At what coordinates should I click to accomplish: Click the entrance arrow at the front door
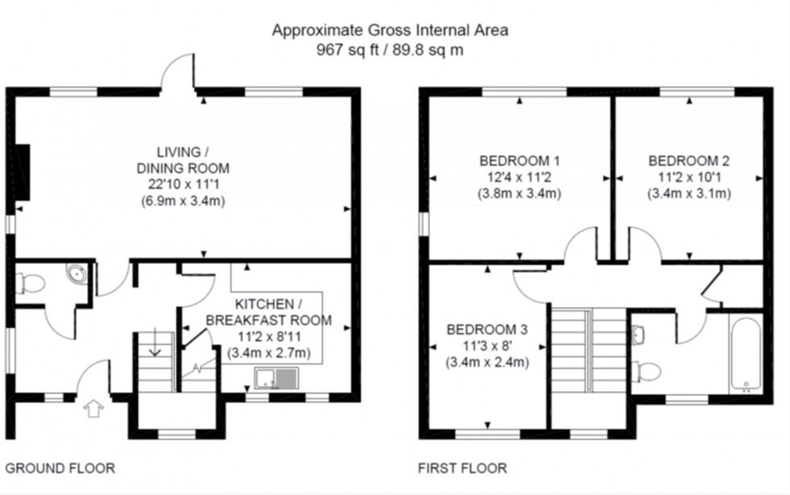click(94, 409)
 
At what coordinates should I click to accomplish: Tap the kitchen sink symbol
click(276, 378)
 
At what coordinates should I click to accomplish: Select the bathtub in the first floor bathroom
click(746, 354)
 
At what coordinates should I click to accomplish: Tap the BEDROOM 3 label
click(487, 329)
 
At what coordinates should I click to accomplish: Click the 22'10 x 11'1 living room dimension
click(181, 185)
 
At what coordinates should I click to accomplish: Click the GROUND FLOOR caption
click(60, 468)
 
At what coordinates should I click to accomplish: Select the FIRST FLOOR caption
click(463, 468)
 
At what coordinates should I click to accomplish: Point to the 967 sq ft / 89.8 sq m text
click(390, 48)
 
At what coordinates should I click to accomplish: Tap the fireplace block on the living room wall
click(23, 171)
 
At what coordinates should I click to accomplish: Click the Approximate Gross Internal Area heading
click(390, 31)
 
